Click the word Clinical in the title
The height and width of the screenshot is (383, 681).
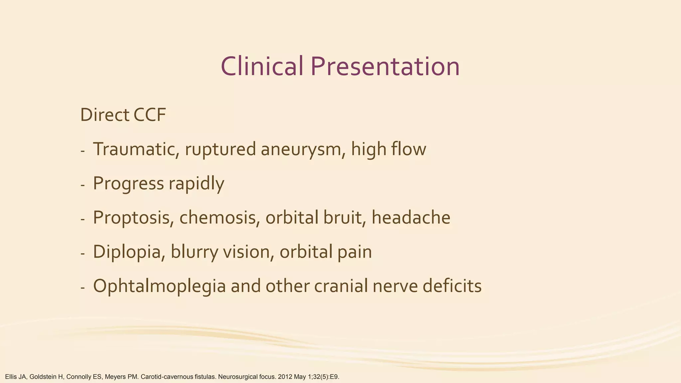[262, 66]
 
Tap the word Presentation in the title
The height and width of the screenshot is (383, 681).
[385, 66]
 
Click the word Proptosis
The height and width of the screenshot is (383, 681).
[131, 218]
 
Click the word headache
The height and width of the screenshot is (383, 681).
[411, 218]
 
